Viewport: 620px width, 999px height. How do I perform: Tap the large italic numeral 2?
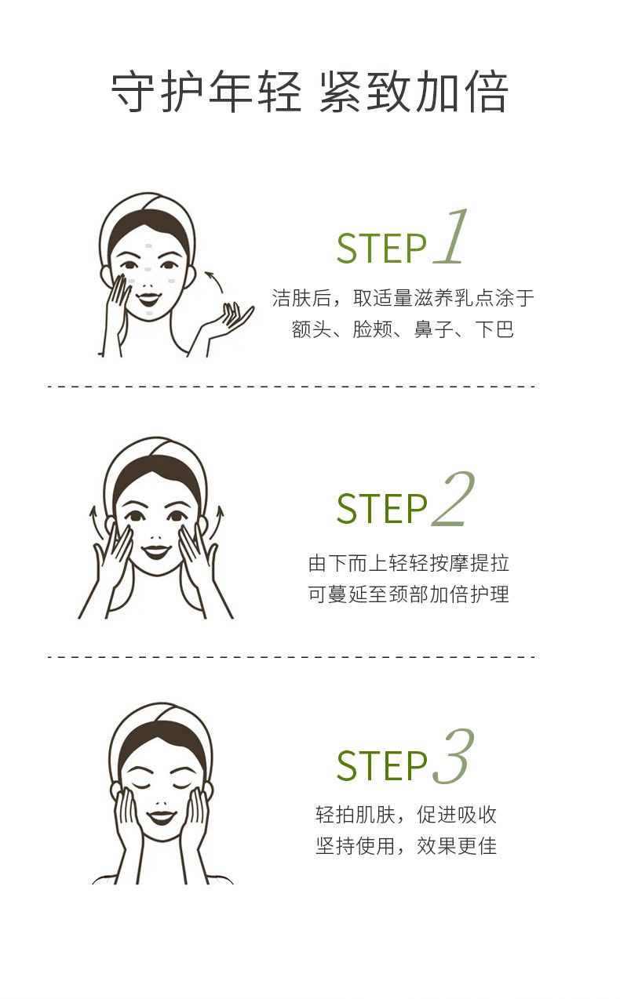pos(453,499)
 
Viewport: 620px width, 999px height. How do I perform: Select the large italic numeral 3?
pos(453,757)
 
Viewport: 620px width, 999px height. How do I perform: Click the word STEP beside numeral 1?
pos(381,249)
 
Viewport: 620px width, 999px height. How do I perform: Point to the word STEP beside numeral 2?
pos(381,508)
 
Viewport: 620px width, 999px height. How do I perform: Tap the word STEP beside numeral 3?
pos(381,766)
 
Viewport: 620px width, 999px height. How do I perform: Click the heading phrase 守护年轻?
pos(206,92)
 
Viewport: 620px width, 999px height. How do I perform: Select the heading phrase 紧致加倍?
pos(414,92)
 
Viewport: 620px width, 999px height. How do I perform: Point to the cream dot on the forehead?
pos(149,246)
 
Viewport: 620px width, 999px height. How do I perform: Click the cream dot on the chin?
pos(149,314)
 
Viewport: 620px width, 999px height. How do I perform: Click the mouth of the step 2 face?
pos(155,551)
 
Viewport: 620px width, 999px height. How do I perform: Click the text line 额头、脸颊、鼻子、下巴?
pos(403,329)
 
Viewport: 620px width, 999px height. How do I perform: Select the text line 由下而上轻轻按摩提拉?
pos(409,564)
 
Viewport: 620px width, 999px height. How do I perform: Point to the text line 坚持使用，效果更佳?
pos(407,845)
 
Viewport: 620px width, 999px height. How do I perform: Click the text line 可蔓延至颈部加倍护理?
pos(409,594)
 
